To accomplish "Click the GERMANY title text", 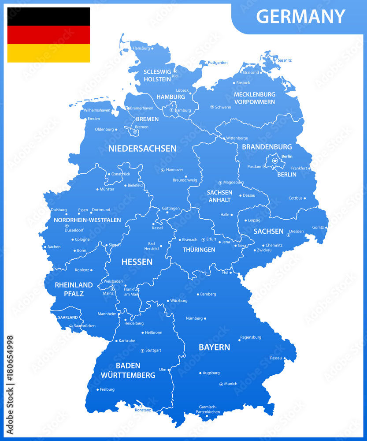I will (300, 17).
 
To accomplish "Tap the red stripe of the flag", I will (48, 35).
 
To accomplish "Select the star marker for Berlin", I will (275, 161).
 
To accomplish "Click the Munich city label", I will (231, 384).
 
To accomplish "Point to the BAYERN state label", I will (214, 348).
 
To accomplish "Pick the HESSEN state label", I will (137, 262).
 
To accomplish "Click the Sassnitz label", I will (285, 60).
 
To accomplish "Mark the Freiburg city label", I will (107, 389).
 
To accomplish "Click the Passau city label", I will (276, 358).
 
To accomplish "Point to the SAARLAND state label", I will (68, 317).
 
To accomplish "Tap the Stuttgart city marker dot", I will (142, 351).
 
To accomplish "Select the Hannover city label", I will (175, 170).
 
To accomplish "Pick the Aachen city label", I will (54, 247).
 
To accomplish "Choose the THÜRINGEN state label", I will (199, 250).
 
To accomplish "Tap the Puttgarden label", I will (218, 63).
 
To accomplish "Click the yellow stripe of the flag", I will (48, 53).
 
